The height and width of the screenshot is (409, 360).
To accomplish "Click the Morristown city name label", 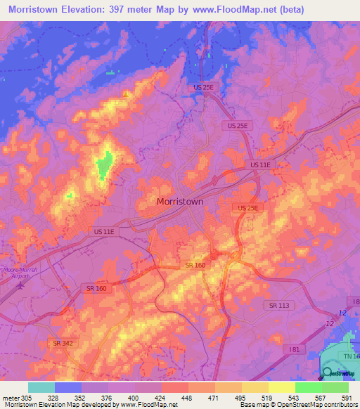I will coord(179,201).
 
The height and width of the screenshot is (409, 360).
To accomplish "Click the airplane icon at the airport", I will coord(20,285).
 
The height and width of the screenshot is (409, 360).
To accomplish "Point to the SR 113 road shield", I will coord(279,305).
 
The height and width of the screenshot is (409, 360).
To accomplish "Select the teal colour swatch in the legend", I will coord(41,387).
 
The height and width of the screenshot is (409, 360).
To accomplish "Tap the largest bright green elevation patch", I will coord(105,164).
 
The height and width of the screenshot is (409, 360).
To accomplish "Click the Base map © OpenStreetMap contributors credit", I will coord(297,404).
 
